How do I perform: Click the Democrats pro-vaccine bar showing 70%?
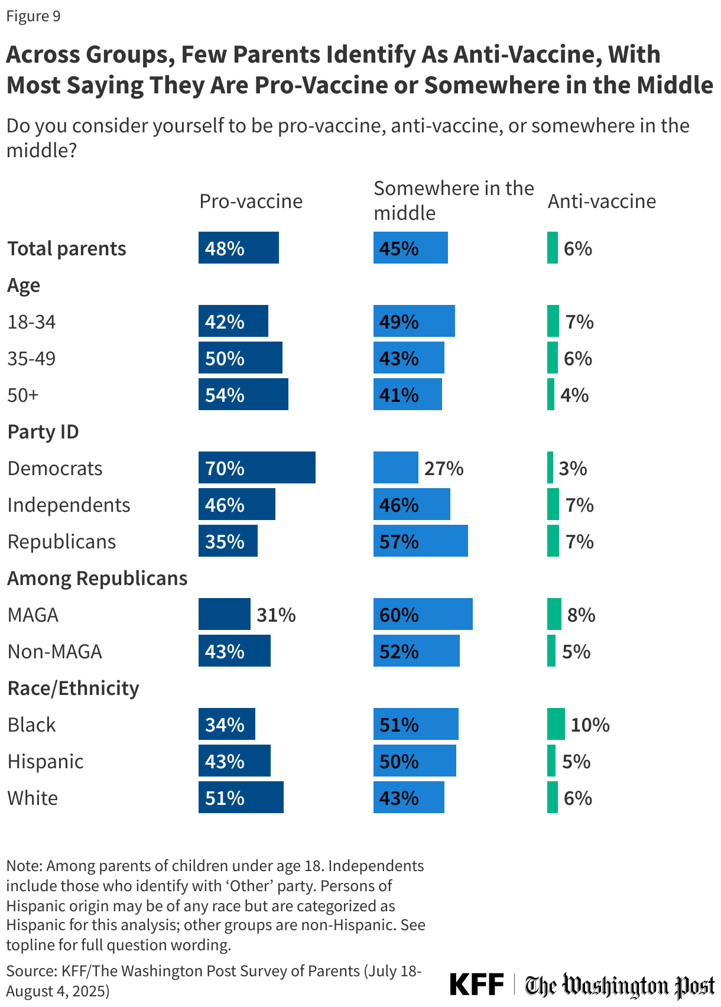pyautogui.click(x=256, y=468)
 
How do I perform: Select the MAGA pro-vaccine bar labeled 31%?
pyautogui.click(x=224, y=615)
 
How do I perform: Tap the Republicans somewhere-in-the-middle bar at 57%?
pyautogui.click(x=420, y=541)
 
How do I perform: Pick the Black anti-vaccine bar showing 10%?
pyautogui.click(x=556, y=725)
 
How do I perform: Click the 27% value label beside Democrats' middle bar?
pyautogui.click(x=444, y=469)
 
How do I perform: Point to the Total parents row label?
pyautogui.click(x=67, y=249)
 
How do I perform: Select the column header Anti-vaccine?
pyautogui.click(x=602, y=202)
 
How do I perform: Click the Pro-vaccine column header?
pyautogui.click(x=251, y=202)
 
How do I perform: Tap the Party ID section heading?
pyautogui.click(x=43, y=432)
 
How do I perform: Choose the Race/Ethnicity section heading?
pyautogui.click(x=73, y=688)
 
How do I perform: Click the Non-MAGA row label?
pyautogui.click(x=55, y=652)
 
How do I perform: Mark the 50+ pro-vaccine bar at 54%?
pyautogui.click(x=243, y=395)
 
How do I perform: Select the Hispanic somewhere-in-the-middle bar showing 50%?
pyautogui.click(x=414, y=761)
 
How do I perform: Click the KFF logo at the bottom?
pyautogui.click(x=476, y=985)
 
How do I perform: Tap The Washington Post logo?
pyautogui.click(x=619, y=986)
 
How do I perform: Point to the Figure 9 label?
pyautogui.click(x=34, y=16)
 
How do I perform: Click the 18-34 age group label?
pyautogui.click(x=31, y=322)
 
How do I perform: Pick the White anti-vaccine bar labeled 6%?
pyautogui.click(x=552, y=798)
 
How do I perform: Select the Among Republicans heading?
pyautogui.click(x=98, y=579)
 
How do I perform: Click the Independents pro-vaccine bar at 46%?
pyautogui.click(x=236, y=505)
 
